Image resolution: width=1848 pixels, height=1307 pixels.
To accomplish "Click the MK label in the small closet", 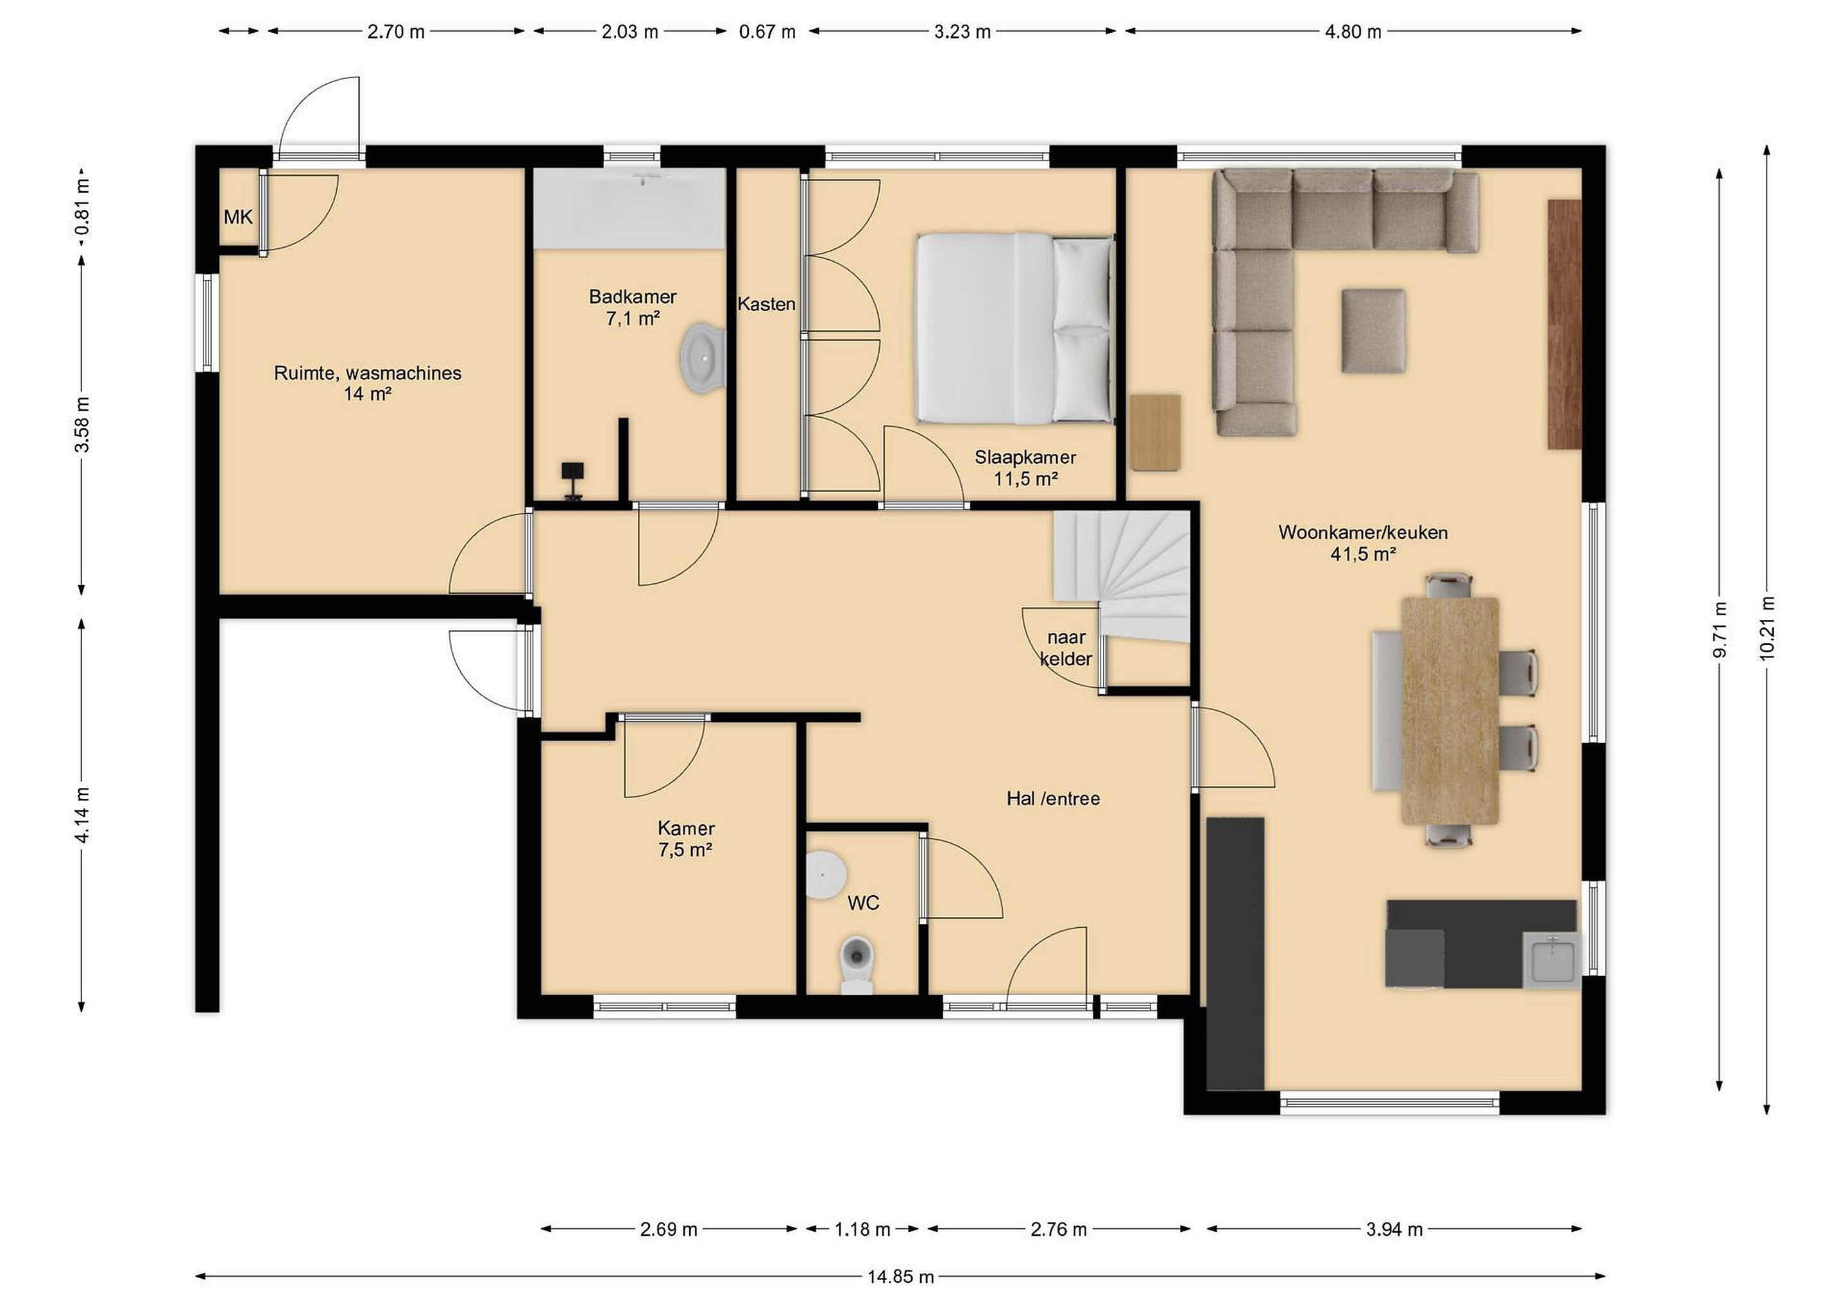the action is (238, 216).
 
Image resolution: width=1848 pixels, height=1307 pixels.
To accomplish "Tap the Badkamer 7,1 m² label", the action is (633, 307).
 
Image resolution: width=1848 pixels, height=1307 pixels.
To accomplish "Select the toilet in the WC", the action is (857, 964).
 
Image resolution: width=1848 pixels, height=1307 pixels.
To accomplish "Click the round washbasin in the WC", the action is (825, 873).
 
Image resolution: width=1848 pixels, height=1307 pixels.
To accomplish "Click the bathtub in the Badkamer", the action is (630, 209).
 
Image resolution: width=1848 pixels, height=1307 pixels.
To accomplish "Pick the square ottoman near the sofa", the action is (1373, 331).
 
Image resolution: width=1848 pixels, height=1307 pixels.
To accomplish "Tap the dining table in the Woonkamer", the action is (1450, 711).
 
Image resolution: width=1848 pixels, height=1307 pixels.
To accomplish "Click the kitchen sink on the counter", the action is (1552, 960).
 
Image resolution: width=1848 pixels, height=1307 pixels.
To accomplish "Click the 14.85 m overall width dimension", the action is (901, 1276).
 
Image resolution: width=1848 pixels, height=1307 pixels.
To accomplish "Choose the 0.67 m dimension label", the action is (767, 32).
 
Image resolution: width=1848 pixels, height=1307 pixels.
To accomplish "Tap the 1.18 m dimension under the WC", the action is (862, 1229).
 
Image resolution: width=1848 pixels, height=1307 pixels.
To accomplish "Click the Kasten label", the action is (766, 304).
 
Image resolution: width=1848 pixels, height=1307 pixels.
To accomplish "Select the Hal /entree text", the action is (1053, 798).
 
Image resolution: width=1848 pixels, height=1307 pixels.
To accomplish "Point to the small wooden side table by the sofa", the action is (1156, 432).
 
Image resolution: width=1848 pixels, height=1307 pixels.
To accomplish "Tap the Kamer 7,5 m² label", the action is (686, 839).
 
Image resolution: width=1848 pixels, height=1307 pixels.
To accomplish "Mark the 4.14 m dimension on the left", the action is (81, 814).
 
